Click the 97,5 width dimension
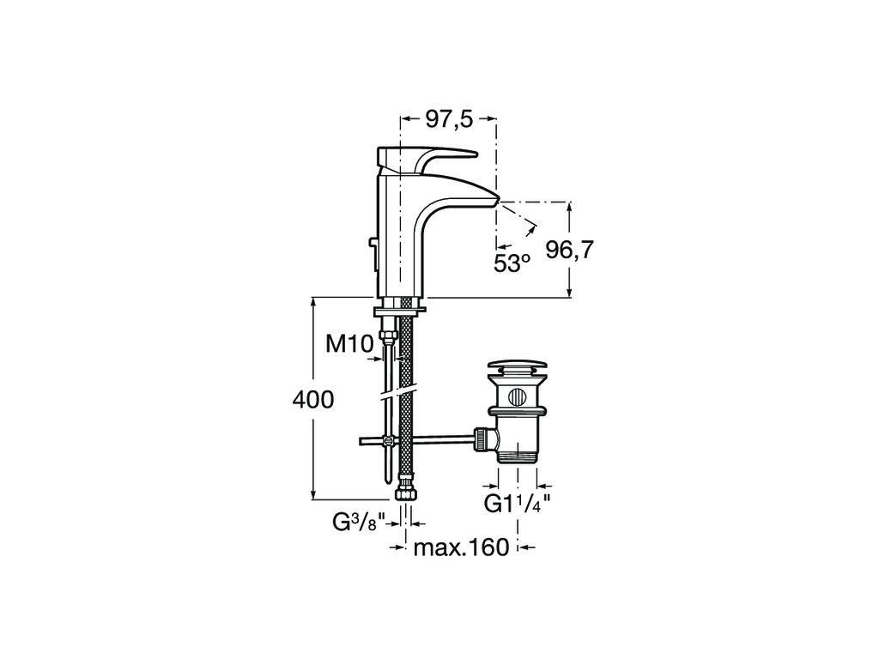(450, 119)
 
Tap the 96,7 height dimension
(569, 250)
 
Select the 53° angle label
(512, 263)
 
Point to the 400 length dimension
(312, 400)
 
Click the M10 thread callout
(350, 344)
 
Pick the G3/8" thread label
(359, 523)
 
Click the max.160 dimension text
(461, 547)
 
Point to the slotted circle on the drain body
(517, 396)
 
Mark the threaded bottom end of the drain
(517, 455)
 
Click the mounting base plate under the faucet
(400, 308)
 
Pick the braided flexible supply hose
(404, 392)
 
